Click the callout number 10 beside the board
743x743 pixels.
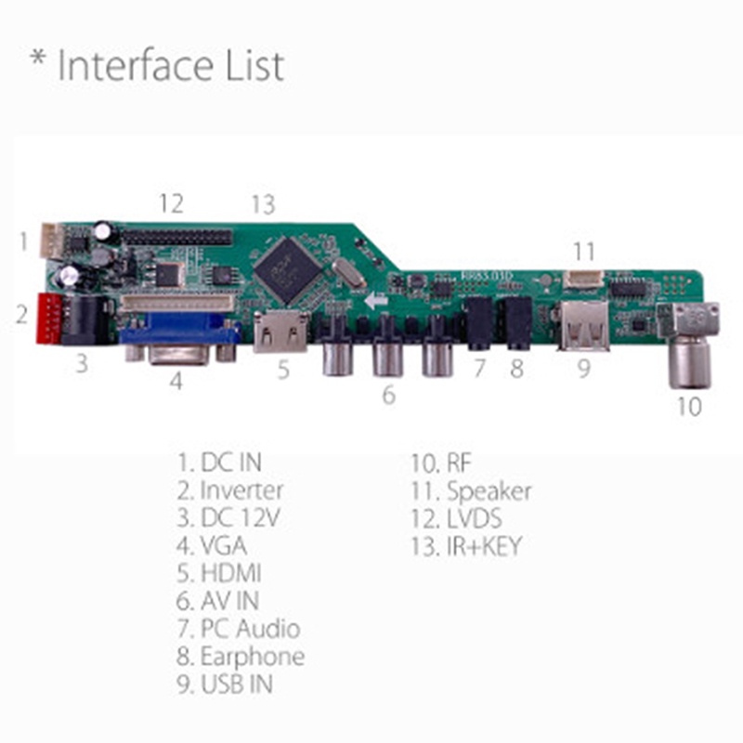click(688, 407)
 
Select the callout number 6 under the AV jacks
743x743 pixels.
click(388, 395)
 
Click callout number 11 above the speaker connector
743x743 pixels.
click(583, 251)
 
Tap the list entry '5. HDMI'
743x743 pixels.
click(219, 573)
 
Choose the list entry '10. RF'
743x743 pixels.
click(440, 463)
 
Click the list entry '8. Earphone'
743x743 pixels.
click(241, 657)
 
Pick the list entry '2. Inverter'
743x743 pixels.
click(229, 489)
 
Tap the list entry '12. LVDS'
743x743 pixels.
click(456, 518)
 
